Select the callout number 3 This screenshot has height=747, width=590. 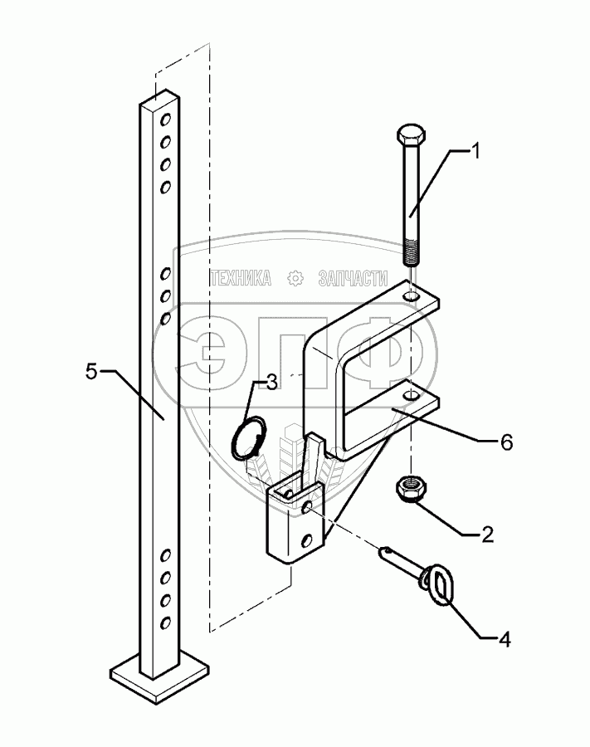click(271, 383)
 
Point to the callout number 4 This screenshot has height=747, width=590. click(505, 639)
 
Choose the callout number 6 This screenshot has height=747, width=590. click(505, 442)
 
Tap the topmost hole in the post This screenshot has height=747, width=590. click(166, 119)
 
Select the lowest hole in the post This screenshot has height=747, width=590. click(166, 622)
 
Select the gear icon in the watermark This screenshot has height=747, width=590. click(295, 280)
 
